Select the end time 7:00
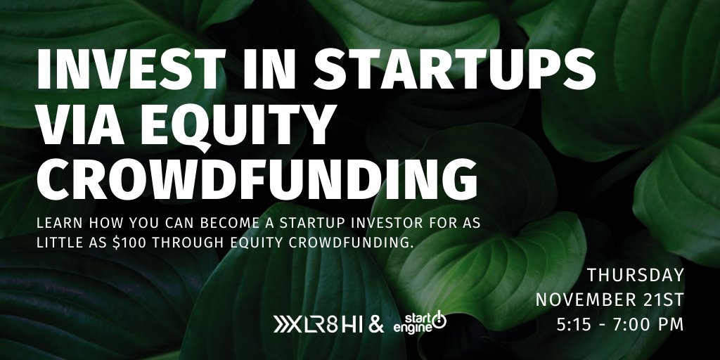click(x=628, y=325)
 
